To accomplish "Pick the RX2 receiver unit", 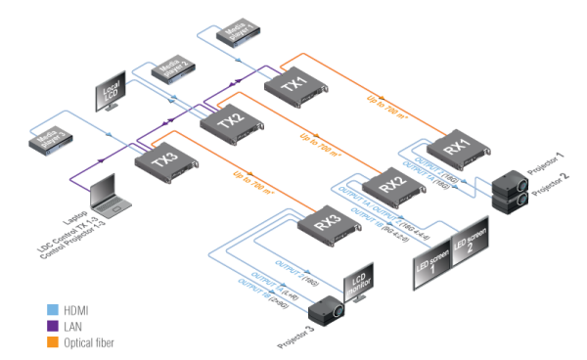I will point(390,183).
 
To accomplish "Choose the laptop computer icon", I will point(107,196).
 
